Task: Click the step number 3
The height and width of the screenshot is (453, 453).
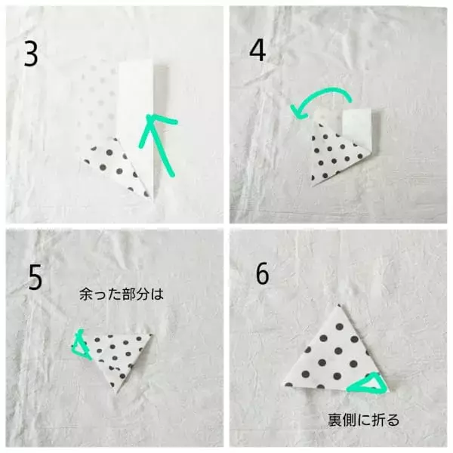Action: [x=31, y=54]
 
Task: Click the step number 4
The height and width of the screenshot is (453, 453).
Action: [x=257, y=50]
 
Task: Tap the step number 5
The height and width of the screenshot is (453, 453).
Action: [x=35, y=277]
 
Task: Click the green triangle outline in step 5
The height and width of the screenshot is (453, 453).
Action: [x=80, y=345]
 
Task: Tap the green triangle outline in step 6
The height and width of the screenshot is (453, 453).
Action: [x=368, y=384]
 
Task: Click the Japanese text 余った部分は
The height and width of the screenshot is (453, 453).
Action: [x=122, y=294]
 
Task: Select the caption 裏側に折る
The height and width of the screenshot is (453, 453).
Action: [x=363, y=420]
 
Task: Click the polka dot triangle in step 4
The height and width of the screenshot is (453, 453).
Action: [x=335, y=155]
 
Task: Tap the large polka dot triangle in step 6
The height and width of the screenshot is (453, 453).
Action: [x=337, y=358]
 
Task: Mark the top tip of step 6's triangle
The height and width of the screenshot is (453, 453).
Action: [x=338, y=304]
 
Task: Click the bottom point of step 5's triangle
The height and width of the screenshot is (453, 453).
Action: [x=117, y=393]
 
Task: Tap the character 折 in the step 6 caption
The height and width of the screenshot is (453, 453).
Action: [x=377, y=420]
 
